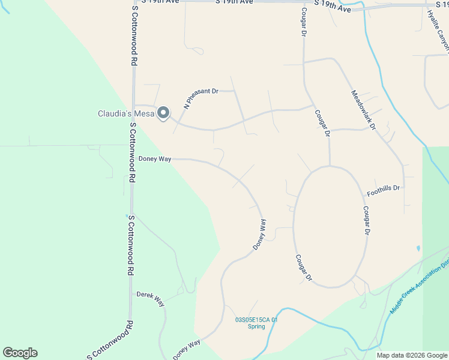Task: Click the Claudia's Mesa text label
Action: click(125, 113)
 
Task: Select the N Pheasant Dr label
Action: click(201, 97)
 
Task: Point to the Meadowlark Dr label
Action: click(363, 110)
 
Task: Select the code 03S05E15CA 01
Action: click(257, 320)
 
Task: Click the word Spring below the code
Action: click(256, 327)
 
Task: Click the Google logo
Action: click(20, 353)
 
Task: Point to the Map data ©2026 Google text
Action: click(412, 355)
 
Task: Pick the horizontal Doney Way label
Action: click(155, 159)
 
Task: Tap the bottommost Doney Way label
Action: click(187, 350)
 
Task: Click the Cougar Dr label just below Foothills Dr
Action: click(366, 221)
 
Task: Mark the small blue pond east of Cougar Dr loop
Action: click(418, 248)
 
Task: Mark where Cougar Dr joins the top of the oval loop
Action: click(330, 166)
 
